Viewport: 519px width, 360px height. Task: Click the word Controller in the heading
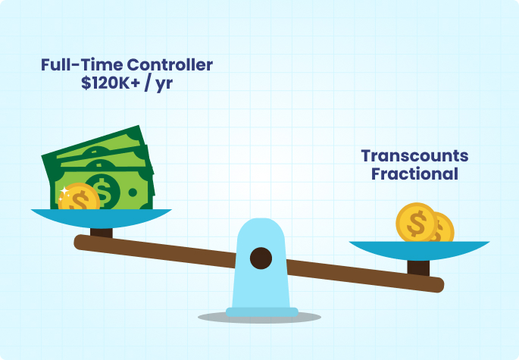(170, 64)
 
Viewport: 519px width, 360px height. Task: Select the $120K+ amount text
(111, 83)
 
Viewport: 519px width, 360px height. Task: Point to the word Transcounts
(414, 155)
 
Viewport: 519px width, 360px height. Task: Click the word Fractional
(414, 174)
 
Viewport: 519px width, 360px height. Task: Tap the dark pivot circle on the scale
(261, 258)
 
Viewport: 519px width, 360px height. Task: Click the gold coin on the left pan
(79, 197)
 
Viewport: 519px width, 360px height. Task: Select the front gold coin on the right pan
(417, 223)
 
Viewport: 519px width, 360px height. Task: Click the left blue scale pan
(102, 218)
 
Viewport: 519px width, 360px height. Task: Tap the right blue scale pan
(420, 250)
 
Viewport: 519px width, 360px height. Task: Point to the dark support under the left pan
(102, 233)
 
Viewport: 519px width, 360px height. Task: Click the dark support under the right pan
(418, 268)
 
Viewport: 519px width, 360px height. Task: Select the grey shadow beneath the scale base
(259, 318)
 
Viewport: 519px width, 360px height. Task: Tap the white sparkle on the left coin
(64, 191)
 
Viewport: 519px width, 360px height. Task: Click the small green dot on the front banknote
(133, 192)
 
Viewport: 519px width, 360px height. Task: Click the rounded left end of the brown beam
(80, 242)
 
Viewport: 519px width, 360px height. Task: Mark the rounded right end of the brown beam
(438, 285)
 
